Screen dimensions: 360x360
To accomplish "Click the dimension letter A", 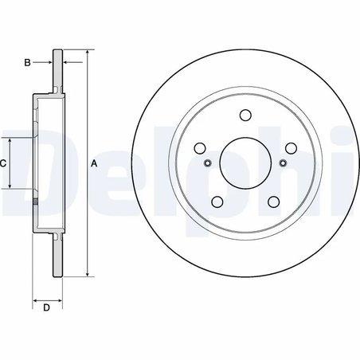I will (94, 164).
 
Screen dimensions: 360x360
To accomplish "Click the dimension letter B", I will (27, 61).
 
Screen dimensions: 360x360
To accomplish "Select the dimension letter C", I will (3, 163).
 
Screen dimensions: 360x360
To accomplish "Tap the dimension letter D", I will (46, 307).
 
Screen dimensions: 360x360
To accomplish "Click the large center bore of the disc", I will (245, 162).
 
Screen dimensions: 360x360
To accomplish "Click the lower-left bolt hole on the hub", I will (217, 202).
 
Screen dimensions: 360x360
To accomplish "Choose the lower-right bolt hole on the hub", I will (274, 202).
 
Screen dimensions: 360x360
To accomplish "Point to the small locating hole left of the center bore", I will (207, 163).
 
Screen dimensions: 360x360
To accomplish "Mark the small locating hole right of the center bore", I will (284, 163).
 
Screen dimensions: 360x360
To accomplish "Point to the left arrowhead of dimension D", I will (35, 299).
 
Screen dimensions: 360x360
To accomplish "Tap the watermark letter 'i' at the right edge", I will (351, 163).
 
